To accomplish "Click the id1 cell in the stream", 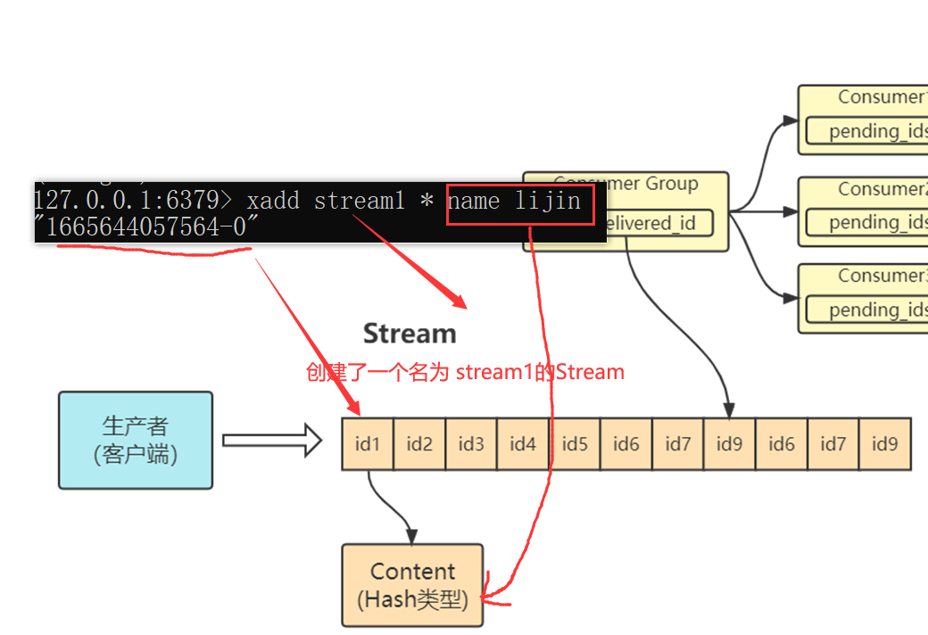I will coord(368,443).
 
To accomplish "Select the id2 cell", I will coord(419,443).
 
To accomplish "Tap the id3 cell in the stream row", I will coord(471,443).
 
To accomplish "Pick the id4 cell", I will coord(523,443).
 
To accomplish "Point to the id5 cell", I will coord(575,443).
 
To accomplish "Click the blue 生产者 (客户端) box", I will coord(136,440).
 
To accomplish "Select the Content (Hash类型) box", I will coord(412,585).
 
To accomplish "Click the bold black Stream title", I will coord(410,334).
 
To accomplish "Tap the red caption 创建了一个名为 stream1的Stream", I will coord(465,372).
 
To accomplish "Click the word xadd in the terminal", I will coord(273,202).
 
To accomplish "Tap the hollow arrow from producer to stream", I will coord(271,440).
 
